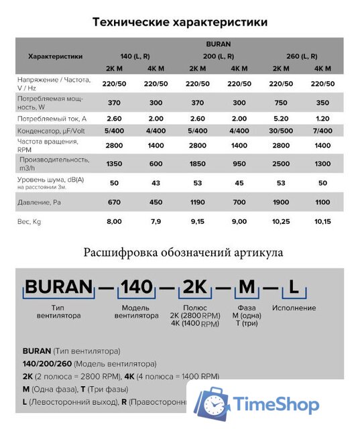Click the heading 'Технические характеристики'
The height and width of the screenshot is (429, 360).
pyautogui.click(x=180, y=21)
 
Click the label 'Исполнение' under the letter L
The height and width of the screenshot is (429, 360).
pyautogui.click(x=294, y=308)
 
